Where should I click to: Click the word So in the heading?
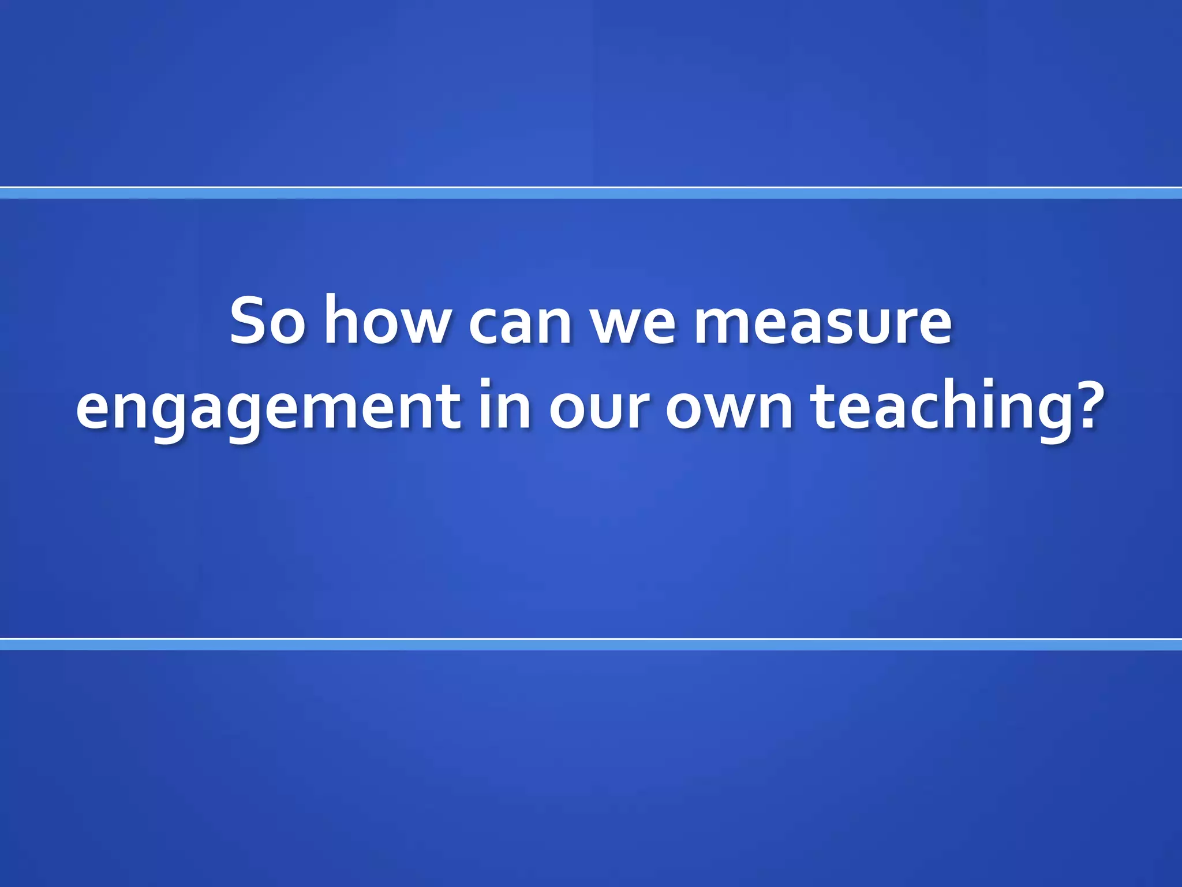tap(267, 321)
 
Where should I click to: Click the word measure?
tap(822, 323)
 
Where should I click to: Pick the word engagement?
tap(268, 407)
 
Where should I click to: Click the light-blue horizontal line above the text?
tap(591, 193)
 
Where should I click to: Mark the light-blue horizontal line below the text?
tap(591, 644)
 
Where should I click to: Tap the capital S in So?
tap(249, 321)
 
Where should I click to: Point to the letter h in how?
tap(341, 319)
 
